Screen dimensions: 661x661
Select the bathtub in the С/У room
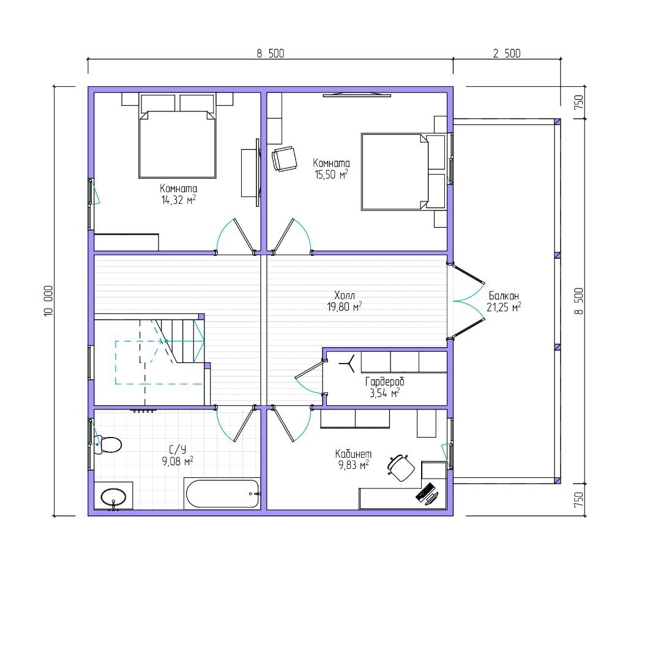click(x=222, y=493)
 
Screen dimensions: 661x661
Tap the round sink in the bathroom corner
click(x=113, y=496)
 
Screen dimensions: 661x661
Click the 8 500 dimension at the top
click(x=270, y=53)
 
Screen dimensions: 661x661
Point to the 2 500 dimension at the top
click(x=507, y=53)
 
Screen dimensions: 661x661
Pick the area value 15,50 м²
click(x=331, y=174)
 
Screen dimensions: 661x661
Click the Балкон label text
click(x=503, y=296)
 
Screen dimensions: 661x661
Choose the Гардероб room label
click(x=384, y=381)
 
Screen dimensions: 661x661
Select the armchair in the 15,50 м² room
click(x=284, y=159)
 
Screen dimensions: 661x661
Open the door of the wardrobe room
click(x=309, y=375)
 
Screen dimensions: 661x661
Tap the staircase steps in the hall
click(x=181, y=340)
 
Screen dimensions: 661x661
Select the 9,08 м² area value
click(x=177, y=461)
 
